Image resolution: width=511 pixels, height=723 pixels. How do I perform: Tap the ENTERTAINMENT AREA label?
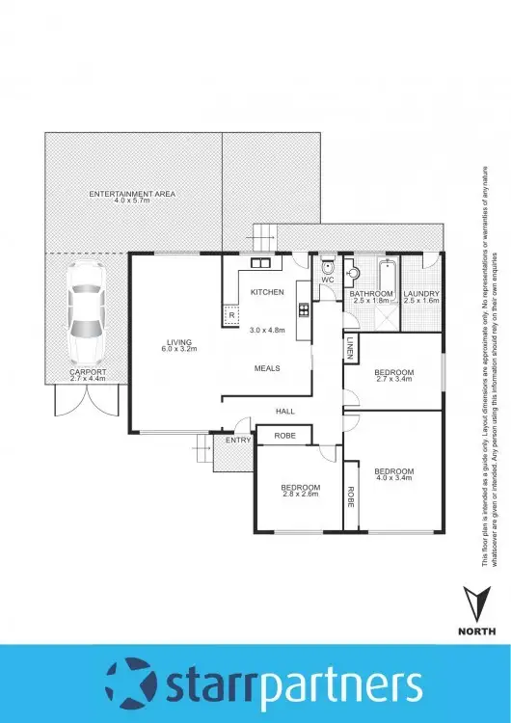(x=131, y=195)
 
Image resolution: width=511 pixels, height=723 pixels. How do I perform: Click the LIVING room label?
(x=179, y=342)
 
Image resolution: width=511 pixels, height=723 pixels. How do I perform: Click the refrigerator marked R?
(x=231, y=312)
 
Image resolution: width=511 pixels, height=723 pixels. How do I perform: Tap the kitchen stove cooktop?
(x=304, y=309)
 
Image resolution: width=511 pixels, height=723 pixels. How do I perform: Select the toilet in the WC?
(x=328, y=269)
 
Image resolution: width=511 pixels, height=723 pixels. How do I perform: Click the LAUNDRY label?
(x=422, y=293)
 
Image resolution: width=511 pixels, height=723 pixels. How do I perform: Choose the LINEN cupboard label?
(x=349, y=350)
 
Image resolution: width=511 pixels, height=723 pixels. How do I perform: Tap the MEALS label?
(x=267, y=368)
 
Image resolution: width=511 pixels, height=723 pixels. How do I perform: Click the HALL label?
(x=285, y=411)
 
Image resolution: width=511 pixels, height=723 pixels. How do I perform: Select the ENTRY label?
(x=237, y=440)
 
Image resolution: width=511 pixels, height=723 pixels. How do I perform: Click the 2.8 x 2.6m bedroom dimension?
(x=300, y=495)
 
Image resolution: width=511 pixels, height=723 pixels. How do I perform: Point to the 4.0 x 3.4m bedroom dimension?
(x=393, y=479)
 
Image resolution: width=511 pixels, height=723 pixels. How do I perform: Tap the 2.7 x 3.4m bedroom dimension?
(x=394, y=380)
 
